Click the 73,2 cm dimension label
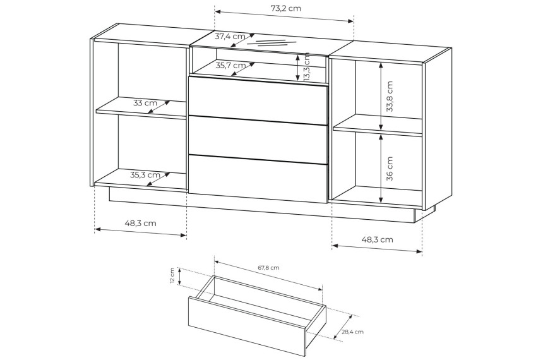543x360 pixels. coord(285,8)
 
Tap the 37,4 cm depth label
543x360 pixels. coord(230,36)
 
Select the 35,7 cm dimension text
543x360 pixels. coord(230,65)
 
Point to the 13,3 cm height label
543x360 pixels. coord(307,67)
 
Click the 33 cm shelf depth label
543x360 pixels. coord(145,103)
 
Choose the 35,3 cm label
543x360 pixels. coord(145,175)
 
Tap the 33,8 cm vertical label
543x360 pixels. coord(390,97)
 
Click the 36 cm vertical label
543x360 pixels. coord(390,169)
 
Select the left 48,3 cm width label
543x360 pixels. coord(141,223)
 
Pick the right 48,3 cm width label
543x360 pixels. coord(378,239)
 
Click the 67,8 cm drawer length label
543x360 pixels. coord(268,268)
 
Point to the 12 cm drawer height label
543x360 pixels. coord(172,276)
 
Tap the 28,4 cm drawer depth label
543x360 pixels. coord(353,332)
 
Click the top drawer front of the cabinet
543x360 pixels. coord(258,100)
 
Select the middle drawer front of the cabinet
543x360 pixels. coord(258,138)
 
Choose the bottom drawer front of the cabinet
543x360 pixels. coord(258,178)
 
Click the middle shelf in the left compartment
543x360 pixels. coord(141,108)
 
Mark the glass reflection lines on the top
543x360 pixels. coord(267,43)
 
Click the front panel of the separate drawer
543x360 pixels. coord(247,326)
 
